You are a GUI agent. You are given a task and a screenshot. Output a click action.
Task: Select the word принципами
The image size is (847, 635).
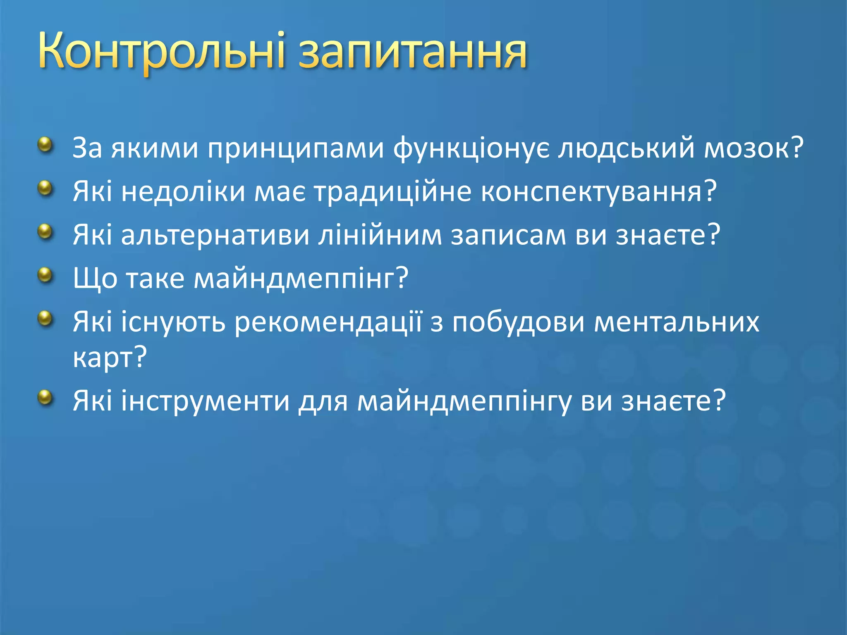pyautogui.click(x=296, y=148)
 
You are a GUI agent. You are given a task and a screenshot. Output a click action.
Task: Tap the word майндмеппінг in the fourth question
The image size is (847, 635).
pyautogui.click(x=297, y=278)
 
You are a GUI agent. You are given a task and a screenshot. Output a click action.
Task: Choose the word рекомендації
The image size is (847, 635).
pyautogui.click(x=328, y=322)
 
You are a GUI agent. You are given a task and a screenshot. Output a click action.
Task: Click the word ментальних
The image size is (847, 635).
pyautogui.click(x=677, y=322)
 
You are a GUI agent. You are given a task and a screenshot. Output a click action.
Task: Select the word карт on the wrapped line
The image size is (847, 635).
pyautogui.click(x=103, y=357)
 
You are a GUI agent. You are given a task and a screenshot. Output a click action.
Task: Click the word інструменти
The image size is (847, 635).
pyautogui.click(x=205, y=401)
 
